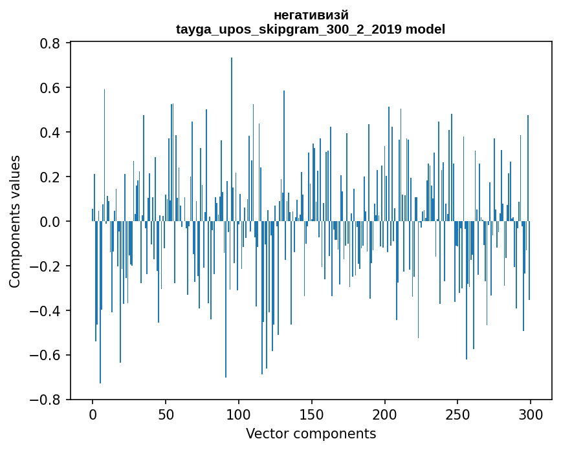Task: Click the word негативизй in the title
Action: pyautogui.click(x=311, y=15)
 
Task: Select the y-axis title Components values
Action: pyautogui.click(x=15, y=221)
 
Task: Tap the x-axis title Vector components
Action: pyautogui.click(x=311, y=433)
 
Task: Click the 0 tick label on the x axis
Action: pyautogui.click(x=93, y=414)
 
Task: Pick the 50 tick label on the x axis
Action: pyautogui.click(x=166, y=414)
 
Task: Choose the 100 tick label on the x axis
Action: pyautogui.click(x=239, y=414)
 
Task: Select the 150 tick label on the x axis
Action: pyautogui.click(x=312, y=414)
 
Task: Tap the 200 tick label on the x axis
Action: pyautogui.click(x=384, y=414)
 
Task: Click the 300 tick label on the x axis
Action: pyautogui.click(x=531, y=414)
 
